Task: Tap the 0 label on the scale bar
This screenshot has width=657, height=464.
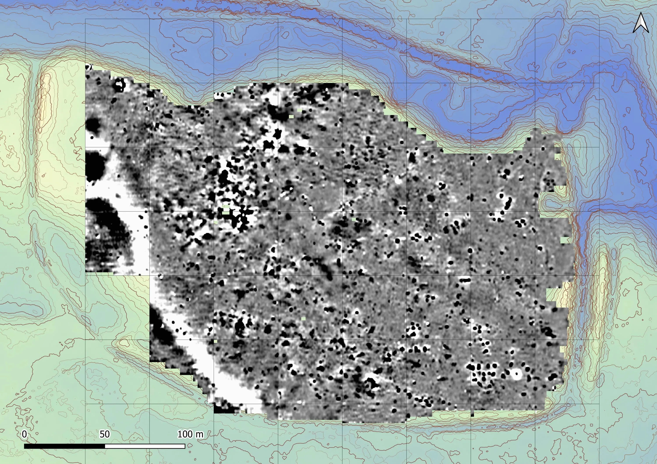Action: tap(24, 434)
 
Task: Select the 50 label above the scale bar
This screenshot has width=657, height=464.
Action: tap(104, 434)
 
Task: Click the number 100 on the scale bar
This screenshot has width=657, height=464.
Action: tap(185, 434)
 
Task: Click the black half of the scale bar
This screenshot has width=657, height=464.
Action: tap(64, 446)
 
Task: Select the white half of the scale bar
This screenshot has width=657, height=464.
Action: tap(145, 446)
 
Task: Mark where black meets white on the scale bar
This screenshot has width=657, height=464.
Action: tap(105, 446)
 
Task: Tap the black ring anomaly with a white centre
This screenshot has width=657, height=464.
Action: tap(119, 85)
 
